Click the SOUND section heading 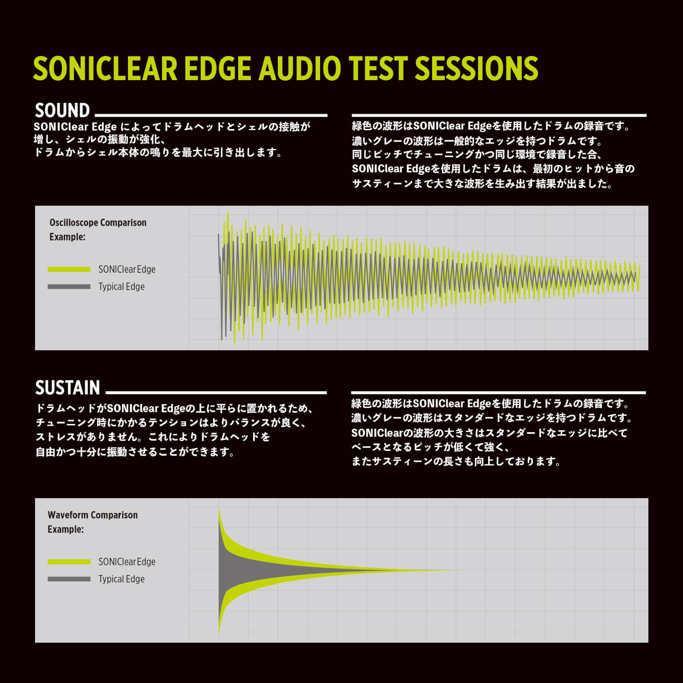click(62, 110)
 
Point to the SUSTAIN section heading click(67, 387)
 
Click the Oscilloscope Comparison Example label click(98, 229)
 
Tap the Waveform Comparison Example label click(92, 522)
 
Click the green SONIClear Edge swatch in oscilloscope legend click(69, 269)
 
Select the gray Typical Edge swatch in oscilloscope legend click(69, 286)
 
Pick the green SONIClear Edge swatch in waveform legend click(69, 561)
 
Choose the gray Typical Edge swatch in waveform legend click(69, 579)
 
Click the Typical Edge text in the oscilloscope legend click(122, 287)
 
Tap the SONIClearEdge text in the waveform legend click(127, 562)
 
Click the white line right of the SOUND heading click(211, 116)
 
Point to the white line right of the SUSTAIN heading click(216, 392)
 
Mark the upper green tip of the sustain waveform click(219, 506)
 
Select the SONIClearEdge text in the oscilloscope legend click(127, 270)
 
